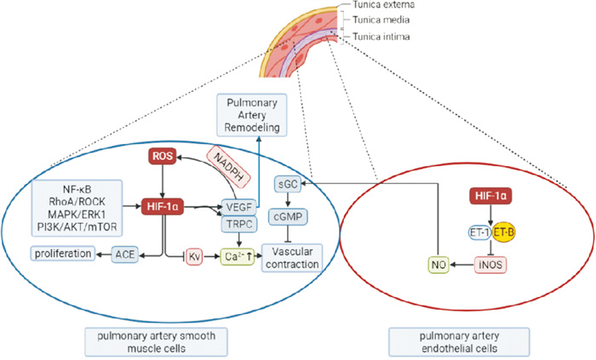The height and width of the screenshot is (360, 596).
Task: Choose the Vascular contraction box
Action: pos(291,257)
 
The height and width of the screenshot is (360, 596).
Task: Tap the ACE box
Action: pos(126,253)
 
